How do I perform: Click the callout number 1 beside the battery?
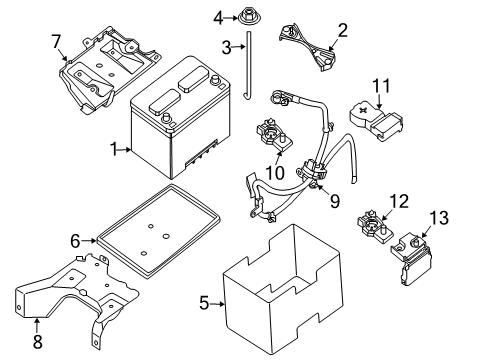(114, 149)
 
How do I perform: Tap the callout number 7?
(56, 42)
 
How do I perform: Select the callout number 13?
(439, 218)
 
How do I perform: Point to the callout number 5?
(204, 303)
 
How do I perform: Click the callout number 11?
(381, 85)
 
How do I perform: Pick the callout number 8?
(37, 341)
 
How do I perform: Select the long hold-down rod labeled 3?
(248, 65)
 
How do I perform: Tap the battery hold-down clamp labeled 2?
(307, 47)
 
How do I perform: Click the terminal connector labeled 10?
(274, 136)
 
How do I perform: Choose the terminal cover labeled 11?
(376, 121)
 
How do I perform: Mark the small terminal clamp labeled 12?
(373, 228)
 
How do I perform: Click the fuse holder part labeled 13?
(412, 259)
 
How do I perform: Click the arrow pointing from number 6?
(89, 240)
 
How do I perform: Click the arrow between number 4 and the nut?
(232, 17)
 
